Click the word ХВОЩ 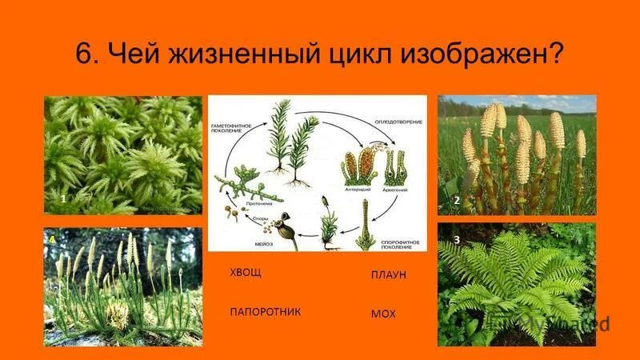click(246, 271)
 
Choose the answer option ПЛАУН click(389, 274)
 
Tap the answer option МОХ click(383, 314)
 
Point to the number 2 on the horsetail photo click(456, 202)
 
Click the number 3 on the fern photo click(456, 239)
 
